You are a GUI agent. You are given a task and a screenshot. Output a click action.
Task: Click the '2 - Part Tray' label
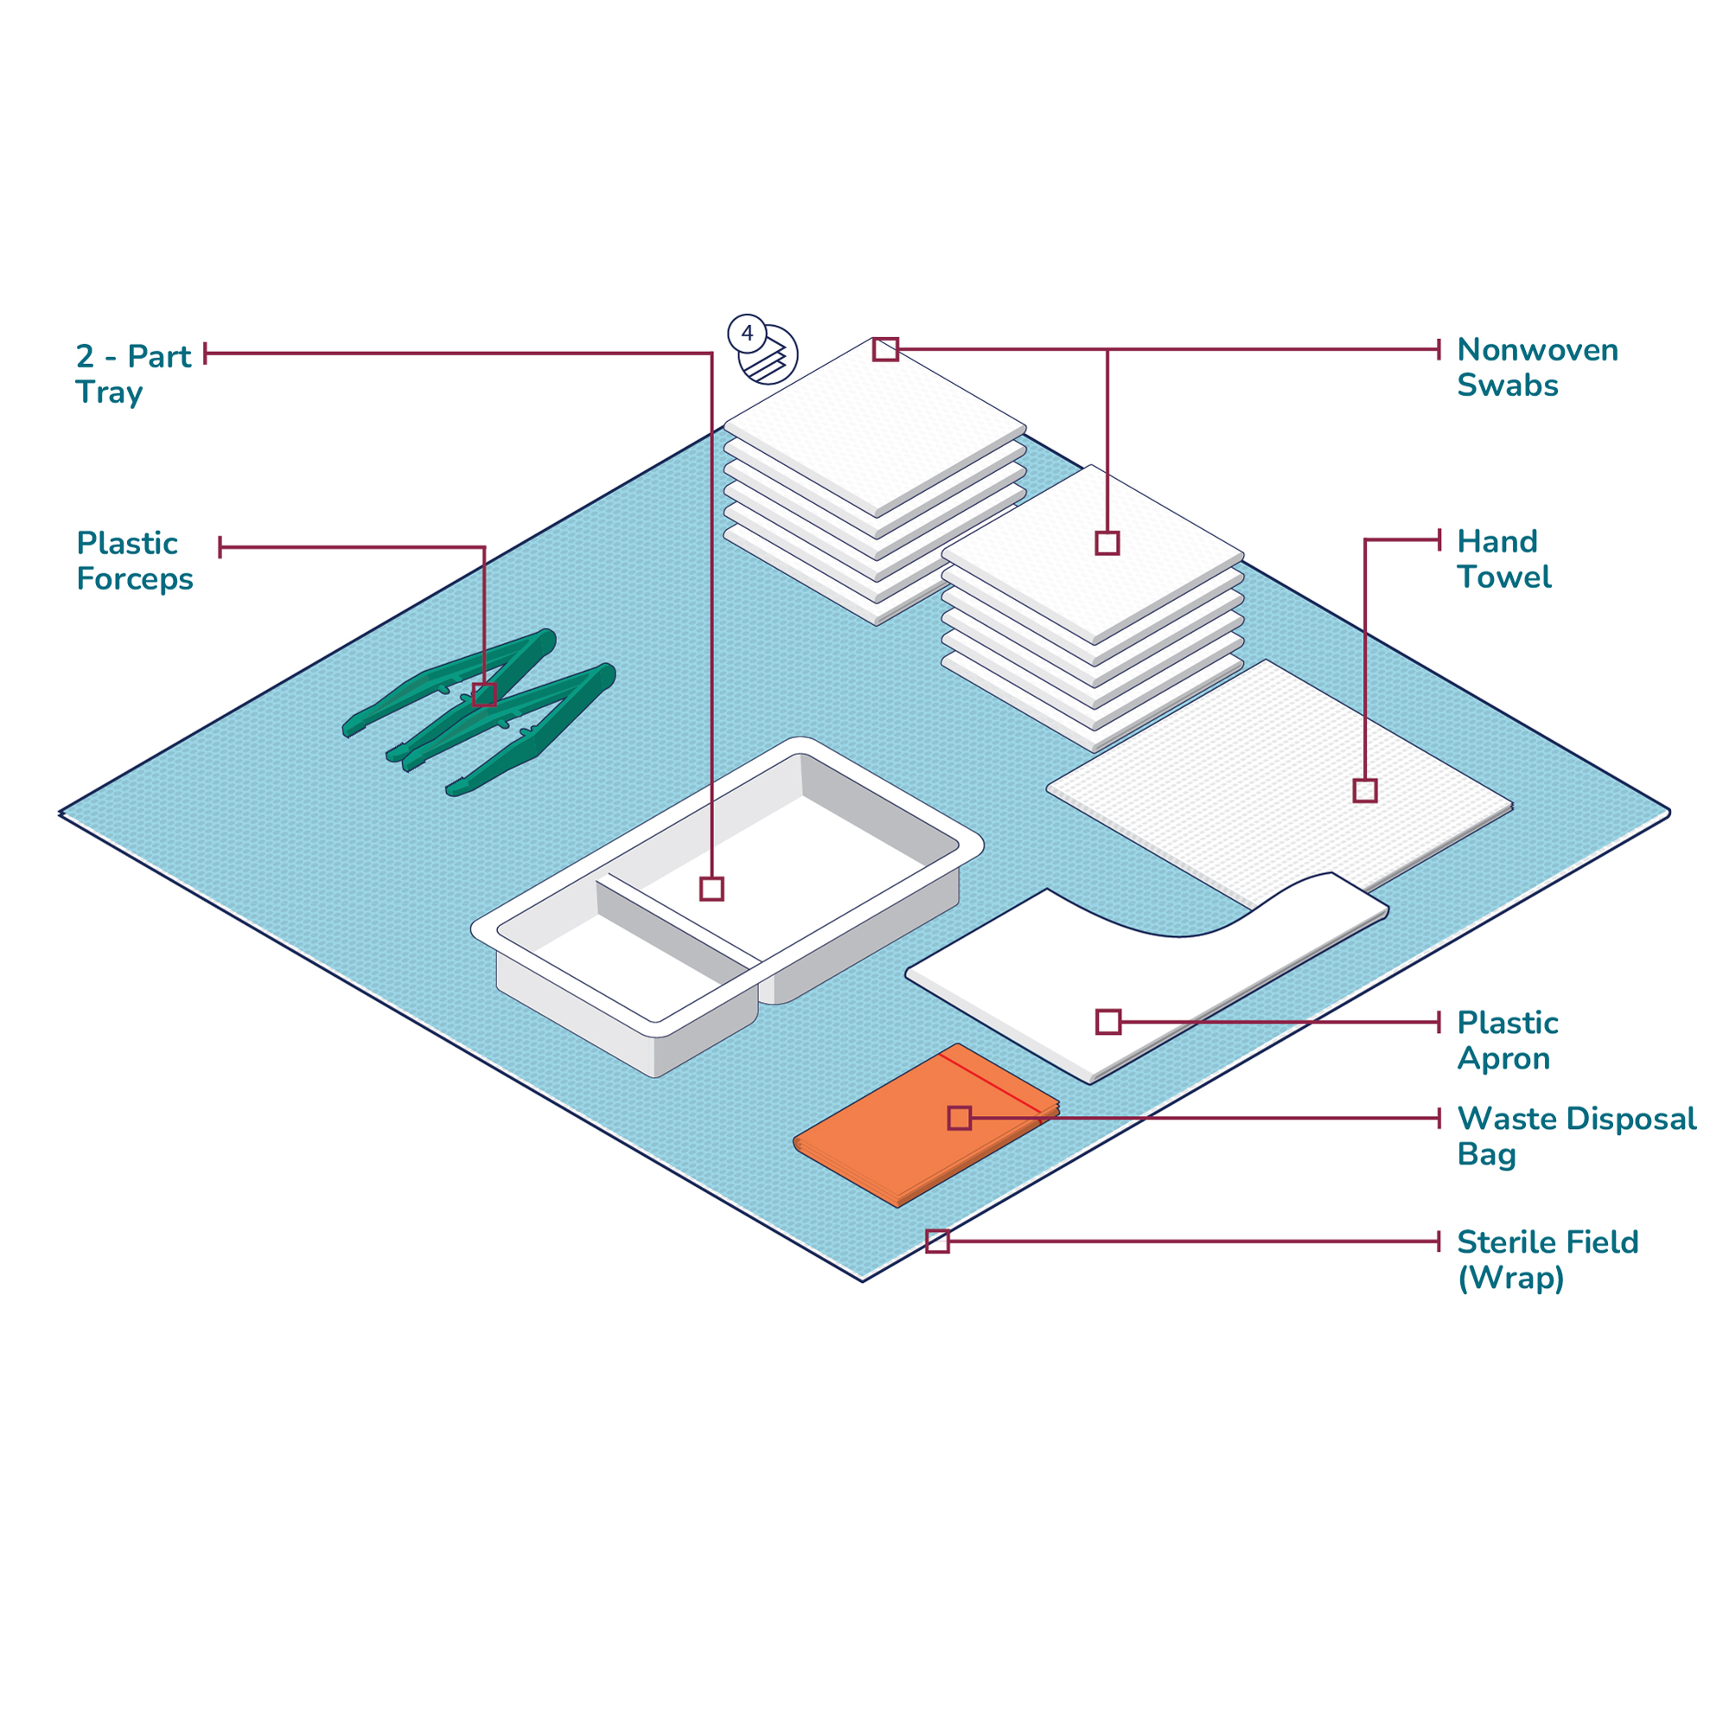pos(133,374)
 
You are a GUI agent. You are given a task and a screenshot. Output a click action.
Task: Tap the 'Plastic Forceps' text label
pos(135,561)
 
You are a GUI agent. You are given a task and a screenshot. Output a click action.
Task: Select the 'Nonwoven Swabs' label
pos(1537,367)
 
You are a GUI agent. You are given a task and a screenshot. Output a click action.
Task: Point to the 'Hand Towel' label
pos(1504,558)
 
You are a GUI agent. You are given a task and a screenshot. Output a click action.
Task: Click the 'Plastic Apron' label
pos(1508,1040)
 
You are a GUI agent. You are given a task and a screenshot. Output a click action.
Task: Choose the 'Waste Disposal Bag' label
pos(1577,1136)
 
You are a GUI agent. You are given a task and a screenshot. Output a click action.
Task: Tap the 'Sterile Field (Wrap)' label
pos(1548,1260)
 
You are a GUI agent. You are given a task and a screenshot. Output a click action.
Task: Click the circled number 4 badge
pos(747,334)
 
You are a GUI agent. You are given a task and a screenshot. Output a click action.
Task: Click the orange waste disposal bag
pos(926,1125)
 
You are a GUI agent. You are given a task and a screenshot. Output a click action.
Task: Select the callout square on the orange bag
pos(960,1118)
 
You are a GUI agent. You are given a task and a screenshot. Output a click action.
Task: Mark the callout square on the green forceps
pos(484,694)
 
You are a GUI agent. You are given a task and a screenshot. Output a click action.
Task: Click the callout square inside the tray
pos(711,889)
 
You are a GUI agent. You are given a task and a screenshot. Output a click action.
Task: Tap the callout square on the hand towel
pos(1365,790)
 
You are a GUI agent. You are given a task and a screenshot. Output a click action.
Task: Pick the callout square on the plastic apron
pos(1108,1022)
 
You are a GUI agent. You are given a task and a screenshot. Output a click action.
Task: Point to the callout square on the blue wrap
pos(937,1241)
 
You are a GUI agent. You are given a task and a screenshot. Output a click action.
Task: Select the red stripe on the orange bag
pos(990,1083)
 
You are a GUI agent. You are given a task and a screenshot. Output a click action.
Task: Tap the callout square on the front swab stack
pos(1107,543)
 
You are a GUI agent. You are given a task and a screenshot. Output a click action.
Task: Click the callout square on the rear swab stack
pos(885,349)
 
